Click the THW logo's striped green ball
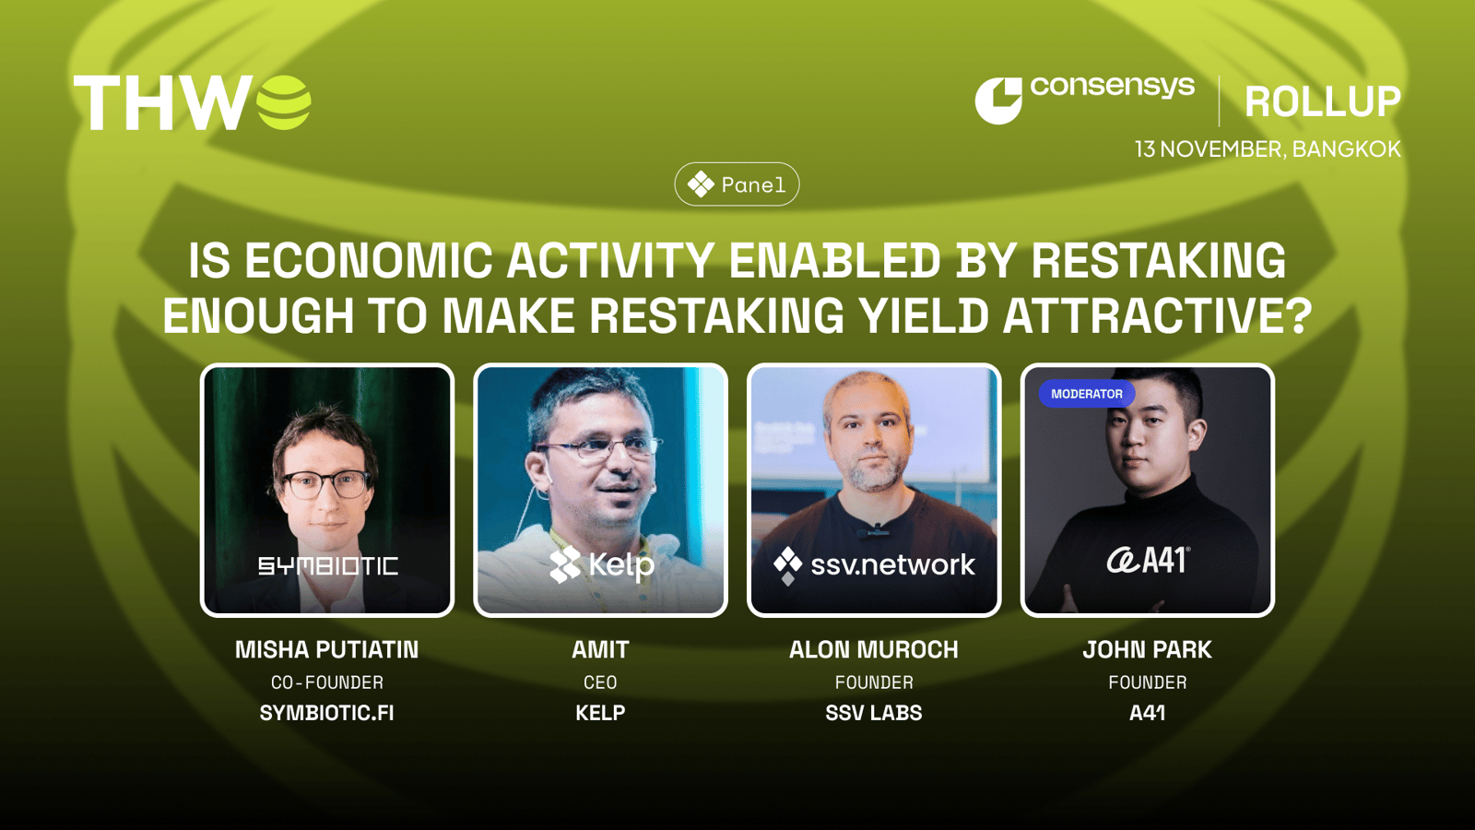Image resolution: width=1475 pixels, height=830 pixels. point(283,102)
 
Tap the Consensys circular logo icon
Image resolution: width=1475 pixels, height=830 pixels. point(998,101)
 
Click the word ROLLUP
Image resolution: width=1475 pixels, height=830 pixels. point(1322,102)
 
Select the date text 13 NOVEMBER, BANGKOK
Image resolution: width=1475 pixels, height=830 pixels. point(1268,149)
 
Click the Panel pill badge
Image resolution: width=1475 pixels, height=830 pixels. point(737,184)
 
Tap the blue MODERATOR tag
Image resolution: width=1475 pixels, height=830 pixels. point(1087,394)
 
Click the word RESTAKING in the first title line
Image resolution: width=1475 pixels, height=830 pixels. point(1158,261)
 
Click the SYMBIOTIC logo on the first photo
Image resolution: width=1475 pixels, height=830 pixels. point(328,566)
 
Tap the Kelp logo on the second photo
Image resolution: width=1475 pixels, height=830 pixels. point(602,564)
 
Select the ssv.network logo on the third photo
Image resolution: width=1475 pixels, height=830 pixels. point(874,564)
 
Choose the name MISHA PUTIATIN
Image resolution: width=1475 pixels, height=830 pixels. point(326,650)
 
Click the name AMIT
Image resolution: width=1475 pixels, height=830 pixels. point(600,650)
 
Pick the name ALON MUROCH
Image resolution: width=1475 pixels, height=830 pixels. point(874,650)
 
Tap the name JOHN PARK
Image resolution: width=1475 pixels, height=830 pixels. point(1147,650)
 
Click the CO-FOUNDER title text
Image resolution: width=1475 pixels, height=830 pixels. point(326,682)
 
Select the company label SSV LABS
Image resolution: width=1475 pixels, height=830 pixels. point(874,713)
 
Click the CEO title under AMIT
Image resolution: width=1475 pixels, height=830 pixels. point(600,682)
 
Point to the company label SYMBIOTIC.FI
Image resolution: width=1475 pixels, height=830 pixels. point(326,713)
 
